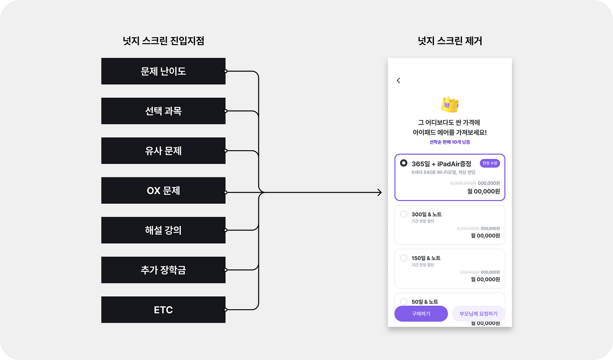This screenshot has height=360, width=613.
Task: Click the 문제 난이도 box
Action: [163, 71]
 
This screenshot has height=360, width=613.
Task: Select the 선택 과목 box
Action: [163, 111]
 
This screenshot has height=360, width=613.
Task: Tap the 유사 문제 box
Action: [163, 151]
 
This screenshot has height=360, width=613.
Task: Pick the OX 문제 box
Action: [163, 191]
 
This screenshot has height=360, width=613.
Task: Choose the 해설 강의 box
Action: [163, 230]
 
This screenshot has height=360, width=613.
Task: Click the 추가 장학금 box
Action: [163, 270]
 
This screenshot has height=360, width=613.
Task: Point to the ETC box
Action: [163, 310]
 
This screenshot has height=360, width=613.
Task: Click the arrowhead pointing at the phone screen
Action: [379, 192]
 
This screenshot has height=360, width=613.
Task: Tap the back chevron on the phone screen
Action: [398, 81]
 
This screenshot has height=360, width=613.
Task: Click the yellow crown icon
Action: [450, 104]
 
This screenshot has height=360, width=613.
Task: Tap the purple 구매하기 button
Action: [421, 314]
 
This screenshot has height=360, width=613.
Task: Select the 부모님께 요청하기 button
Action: [478, 314]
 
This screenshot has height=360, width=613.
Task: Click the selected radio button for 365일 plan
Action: [404, 163]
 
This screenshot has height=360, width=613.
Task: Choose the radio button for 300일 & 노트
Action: [404, 214]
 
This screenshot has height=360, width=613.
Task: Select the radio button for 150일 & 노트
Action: [404, 258]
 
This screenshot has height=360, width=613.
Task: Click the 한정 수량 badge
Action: [490, 163]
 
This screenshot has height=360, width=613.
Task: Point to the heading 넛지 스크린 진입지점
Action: [163, 41]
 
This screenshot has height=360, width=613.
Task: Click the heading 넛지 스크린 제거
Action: [450, 41]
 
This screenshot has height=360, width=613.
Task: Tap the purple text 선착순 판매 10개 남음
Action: [450, 142]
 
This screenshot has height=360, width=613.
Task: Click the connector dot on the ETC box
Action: [225, 310]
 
